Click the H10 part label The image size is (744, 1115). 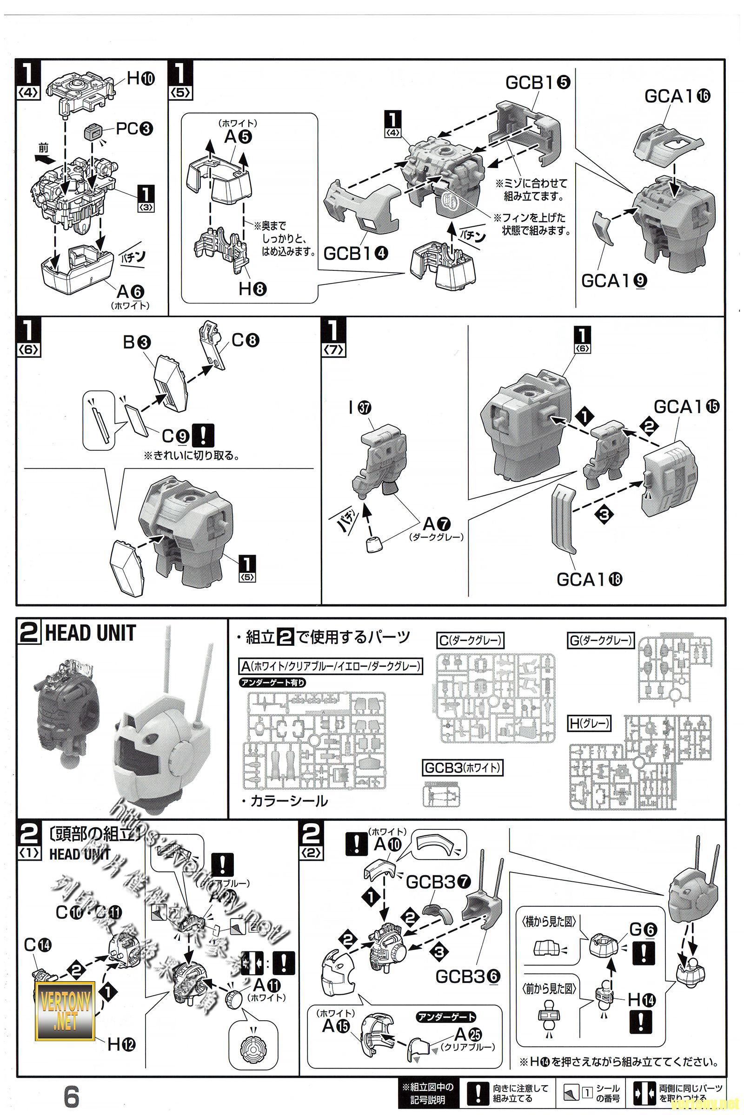click(x=140, y=78)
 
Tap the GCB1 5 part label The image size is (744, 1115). click(x=538, y=83)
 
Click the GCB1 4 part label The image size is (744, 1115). click(x=355, y=254)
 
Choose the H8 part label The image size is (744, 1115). click(x=252, y=288)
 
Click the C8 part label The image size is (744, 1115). click(x=246, y=341)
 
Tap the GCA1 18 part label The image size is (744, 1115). click(x=589, y=579)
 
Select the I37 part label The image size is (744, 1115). click(x=361, y=408)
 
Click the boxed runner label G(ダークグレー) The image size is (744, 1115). click(x=601, y=641)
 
